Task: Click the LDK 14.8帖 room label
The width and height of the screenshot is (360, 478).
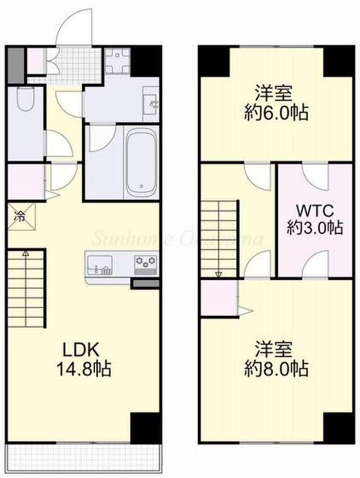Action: pos(84,359)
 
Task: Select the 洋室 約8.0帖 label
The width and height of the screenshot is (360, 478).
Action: pos(276,359)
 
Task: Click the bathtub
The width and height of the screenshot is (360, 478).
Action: pos(141,162)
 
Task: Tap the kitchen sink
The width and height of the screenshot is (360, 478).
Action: pos(99,264)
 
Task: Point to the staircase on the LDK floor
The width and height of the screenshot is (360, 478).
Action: pos(27,288)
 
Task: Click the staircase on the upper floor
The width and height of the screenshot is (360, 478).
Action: pos(219,238)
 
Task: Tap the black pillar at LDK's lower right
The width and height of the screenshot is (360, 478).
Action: pos(145,428)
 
